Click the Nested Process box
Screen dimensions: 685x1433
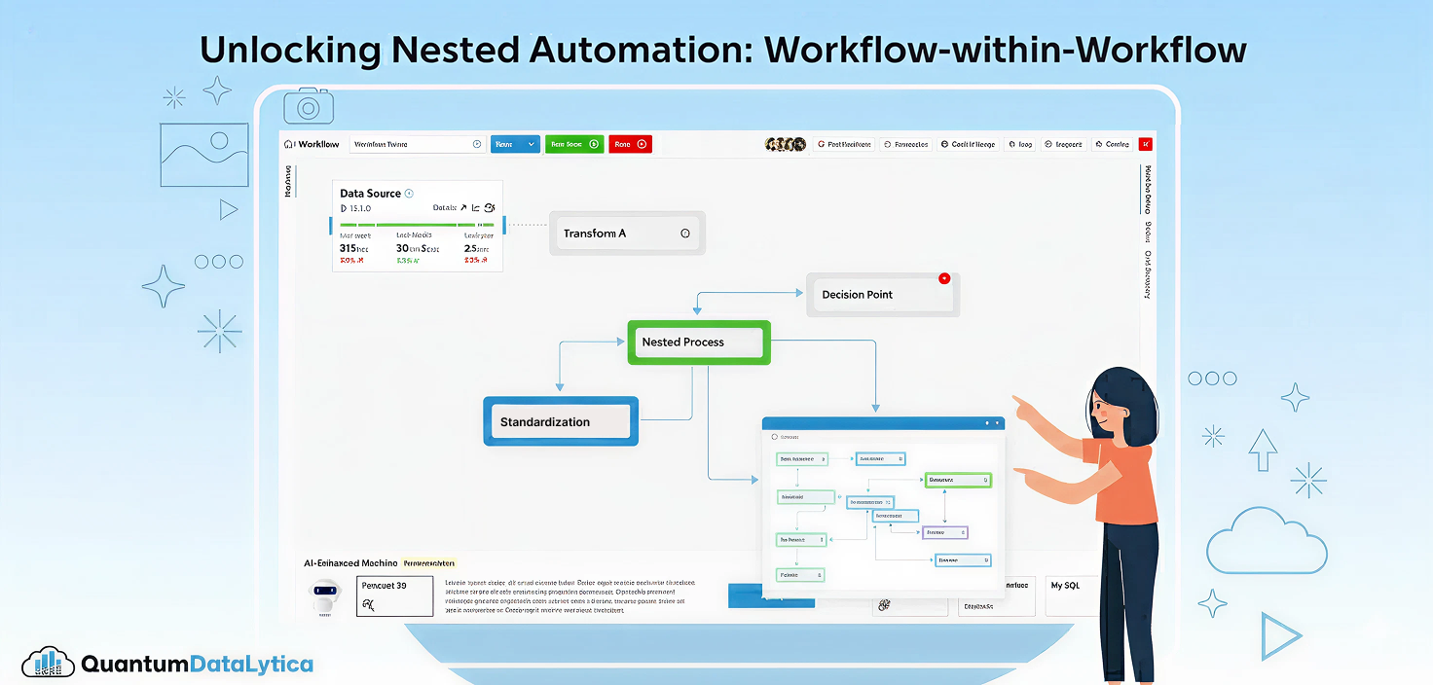pyautogui.click(x=698, y=342)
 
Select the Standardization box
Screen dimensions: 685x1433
pyautogui.click(x=561, y=421)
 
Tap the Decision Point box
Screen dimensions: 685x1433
pyautogui.click(x=882, y=295)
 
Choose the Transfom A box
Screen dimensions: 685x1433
pyautogui.click(x=626, y=234)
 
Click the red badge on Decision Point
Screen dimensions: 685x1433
pyautogui.click(x=943, y=278)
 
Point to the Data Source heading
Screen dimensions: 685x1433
pyautogui.click(x=370, y=194)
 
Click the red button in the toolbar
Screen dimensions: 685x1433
pyautogui.click(x=630, y=144)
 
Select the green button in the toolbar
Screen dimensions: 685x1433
pyautogui.click(x=574, y=144)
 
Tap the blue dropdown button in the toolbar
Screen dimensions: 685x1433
pyautogui.click(x=515, y=144)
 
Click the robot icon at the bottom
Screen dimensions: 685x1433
pyautogui.click(x=325, y=595)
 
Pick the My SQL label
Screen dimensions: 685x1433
pyautogui.click(x=1064, y=586)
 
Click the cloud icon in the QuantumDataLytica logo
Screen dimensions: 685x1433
pyautogui.click(x=49, y=664)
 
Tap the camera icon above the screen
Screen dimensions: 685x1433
pyautogui.click(x=309, y=106)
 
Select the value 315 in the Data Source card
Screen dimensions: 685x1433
pyautogui.click(x=348, y=248)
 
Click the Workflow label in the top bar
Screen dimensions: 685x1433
pyautogui.click(x=318, y=144)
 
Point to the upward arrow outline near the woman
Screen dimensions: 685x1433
pyautogui.click(x=1263, y=449)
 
